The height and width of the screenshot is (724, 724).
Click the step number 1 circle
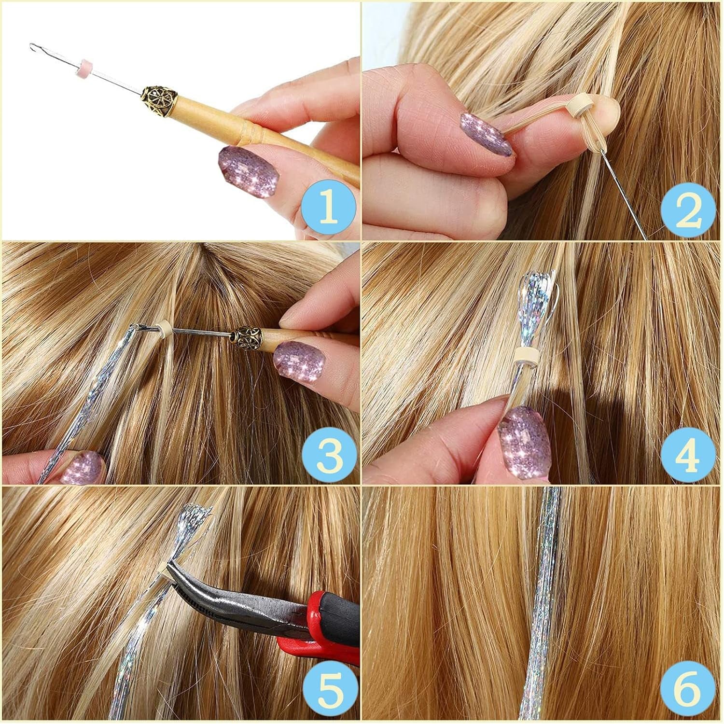click(328, 209)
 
